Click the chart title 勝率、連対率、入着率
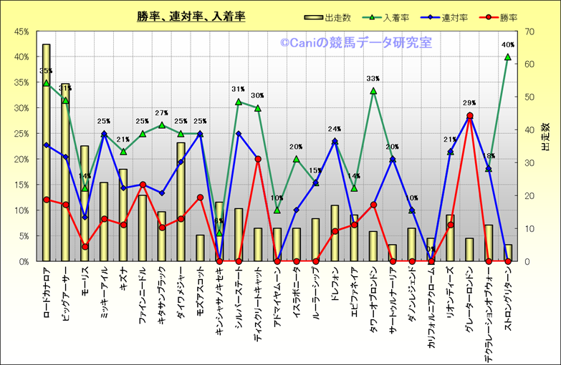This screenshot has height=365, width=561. (x=191, y=16)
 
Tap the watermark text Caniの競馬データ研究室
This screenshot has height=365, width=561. (x=356, y=43)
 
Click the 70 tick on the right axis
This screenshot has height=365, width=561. (x=531, y=31)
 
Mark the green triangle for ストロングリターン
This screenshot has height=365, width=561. (x=508, y=57)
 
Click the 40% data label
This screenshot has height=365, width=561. (x=508, y=45)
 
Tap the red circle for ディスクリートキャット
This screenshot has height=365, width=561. (x=258, y=159)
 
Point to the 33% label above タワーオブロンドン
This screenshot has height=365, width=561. (x=373, y=79)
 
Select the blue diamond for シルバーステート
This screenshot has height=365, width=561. (x=239, y=133)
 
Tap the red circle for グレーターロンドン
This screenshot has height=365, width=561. (x=469, y=115)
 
